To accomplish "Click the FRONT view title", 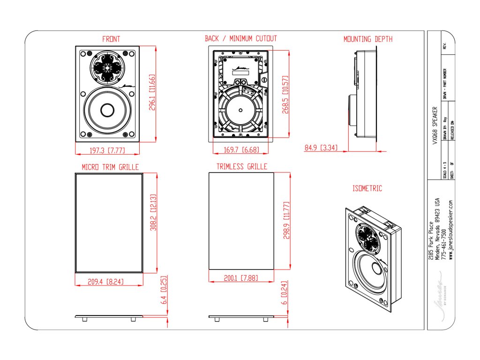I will click(x=111, y=39).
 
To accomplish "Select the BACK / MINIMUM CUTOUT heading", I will click(x=240, y=38).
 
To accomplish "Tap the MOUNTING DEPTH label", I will click(x=368, y=39).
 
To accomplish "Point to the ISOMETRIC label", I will click(x=367, y=188).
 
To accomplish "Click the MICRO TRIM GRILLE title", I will click(x=110, y=166).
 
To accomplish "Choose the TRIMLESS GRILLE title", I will click(x=241, y=166).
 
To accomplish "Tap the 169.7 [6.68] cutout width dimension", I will click(x=240, y=150).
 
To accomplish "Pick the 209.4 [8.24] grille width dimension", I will click(x=108, y=281).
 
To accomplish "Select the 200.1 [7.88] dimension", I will click(x=241, y=278).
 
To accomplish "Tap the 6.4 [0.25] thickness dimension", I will click(x=164, y=290).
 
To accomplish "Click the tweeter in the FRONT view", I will click(x=107, y=68).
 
